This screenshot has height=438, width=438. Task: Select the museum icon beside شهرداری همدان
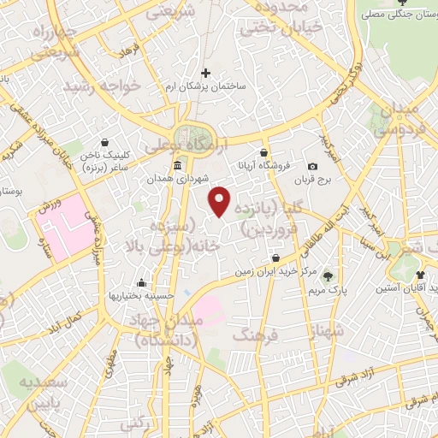(x=177, y=165)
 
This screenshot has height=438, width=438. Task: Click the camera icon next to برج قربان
(x=312, y=166)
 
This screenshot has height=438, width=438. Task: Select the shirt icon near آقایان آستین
(x=421, y=275)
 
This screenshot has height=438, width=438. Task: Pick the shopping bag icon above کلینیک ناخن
(x=104, y=143)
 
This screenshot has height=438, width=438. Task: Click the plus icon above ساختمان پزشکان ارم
(x=204, y=74)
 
